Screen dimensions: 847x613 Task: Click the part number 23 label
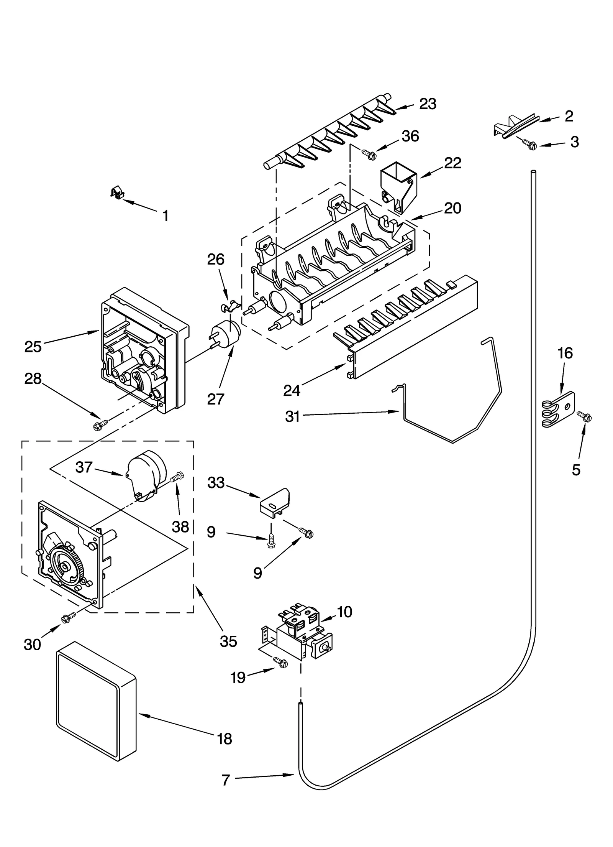pyautogui.click(x=428, y=104)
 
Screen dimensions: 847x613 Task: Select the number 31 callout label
pyautogui.click(x=293, y=416)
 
